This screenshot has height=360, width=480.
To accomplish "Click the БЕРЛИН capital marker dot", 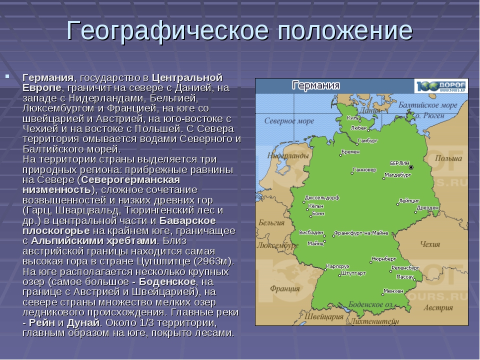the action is [x=411, y=167].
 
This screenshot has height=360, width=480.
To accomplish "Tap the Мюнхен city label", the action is [x=393, y=291].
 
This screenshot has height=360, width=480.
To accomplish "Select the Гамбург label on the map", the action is [x=367, y=141].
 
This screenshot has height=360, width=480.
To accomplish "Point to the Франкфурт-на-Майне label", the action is [x=361, y=233].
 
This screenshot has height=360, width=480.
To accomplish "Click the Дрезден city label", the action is [x=427, y=207].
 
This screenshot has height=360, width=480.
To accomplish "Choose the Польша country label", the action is [x=448, y=158].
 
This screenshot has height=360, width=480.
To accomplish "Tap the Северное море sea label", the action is [x=289, y=121].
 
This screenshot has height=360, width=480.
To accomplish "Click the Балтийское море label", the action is [x=427, y=105].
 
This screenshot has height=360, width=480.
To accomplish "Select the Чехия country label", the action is [x=430, y=244].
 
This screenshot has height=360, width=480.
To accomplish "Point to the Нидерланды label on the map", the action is [x=288, y=156].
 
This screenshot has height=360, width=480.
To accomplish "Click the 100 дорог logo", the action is [x=441, y=86].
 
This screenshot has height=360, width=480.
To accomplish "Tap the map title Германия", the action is [x=316, y=85].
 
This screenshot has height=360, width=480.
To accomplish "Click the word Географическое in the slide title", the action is [x=167, y=31].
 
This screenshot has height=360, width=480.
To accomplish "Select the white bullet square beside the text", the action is [x=7, y=76].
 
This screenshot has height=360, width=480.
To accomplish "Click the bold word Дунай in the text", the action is [x=83, y=322].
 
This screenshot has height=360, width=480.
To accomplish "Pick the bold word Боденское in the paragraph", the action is [x=167, y=281].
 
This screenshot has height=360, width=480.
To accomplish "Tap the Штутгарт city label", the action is [x=353, y=273].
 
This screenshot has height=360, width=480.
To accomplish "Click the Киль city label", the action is [x=352, y=117].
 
